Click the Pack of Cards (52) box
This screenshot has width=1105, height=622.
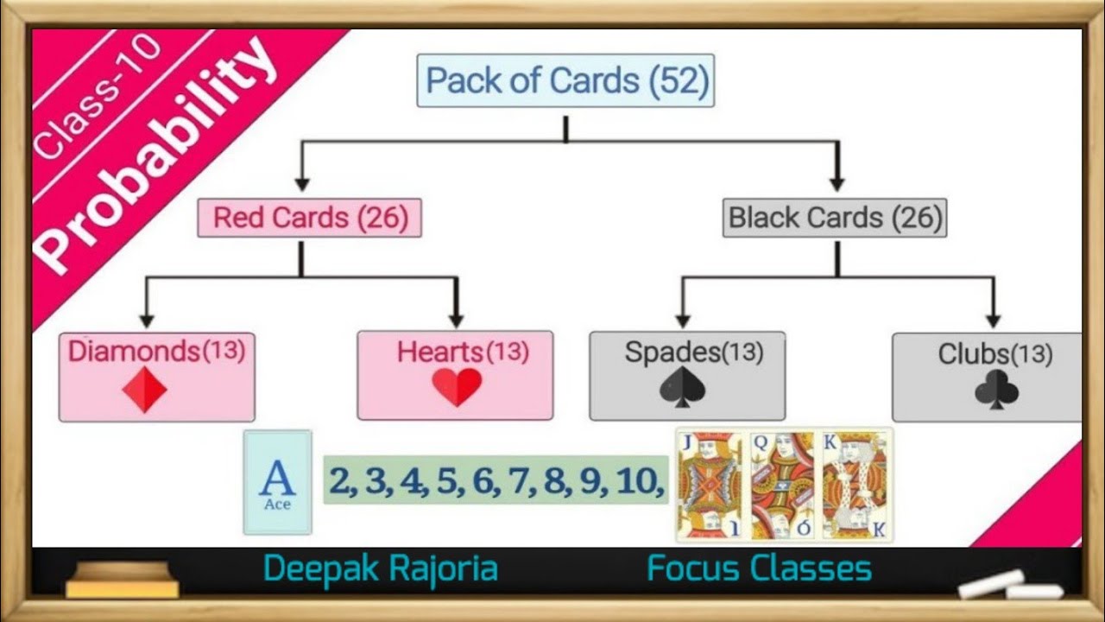565,80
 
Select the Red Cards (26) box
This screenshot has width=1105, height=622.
309,218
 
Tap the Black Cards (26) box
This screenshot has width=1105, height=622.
834,218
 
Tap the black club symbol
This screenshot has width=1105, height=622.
996,390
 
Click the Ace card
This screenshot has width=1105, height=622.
277,482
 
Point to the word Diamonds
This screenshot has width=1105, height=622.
134,351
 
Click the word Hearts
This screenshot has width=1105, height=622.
439,352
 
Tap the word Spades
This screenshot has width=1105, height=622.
672,352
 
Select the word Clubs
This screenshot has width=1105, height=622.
973,353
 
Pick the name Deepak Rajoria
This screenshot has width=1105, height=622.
380,569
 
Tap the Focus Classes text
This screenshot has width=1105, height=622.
759,569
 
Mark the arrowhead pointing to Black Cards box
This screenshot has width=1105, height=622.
836,183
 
